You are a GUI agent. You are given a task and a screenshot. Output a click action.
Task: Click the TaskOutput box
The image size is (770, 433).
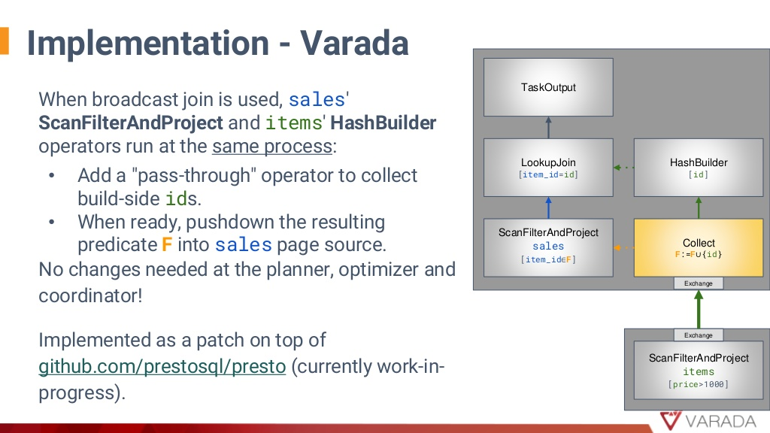(548, 87)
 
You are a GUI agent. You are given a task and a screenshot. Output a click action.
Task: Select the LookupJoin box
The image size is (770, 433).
(548, 168)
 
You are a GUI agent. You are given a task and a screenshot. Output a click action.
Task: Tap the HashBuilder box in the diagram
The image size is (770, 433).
(699, 168)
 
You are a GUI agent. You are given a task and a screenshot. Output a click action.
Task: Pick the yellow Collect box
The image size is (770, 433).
(699, 248)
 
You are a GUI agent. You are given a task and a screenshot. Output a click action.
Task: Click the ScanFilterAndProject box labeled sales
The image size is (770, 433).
(548, 248)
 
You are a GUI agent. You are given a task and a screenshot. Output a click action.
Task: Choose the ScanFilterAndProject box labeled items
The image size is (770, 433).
(699, 370)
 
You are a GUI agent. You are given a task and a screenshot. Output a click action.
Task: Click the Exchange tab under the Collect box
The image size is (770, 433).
(699, 283)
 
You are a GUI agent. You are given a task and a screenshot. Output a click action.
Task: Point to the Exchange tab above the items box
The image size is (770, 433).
(699, 335)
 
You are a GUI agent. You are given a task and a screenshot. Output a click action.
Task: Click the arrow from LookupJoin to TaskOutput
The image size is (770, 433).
(548, 128)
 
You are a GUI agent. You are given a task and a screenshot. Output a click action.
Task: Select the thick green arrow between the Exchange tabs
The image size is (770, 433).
(699, 309)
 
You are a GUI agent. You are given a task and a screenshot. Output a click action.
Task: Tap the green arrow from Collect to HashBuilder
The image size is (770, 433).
(699, 208)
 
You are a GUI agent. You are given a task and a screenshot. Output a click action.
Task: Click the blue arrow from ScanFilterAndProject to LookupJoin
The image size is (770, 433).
(548, 208)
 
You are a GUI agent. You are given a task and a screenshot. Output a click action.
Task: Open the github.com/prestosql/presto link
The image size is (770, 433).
(162, 367)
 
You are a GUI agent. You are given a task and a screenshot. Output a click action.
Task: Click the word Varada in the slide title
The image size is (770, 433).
(354, 43)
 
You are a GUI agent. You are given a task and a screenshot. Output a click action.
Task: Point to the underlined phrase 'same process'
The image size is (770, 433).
(272, 147)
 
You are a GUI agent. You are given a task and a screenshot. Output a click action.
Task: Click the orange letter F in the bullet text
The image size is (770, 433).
(167, 244)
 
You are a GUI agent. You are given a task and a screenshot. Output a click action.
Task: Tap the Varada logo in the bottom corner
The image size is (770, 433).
(708, 421)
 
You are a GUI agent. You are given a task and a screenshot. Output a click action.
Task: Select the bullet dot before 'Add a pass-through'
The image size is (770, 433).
(52, 176)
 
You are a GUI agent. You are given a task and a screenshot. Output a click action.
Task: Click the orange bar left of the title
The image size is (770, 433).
(5, 41)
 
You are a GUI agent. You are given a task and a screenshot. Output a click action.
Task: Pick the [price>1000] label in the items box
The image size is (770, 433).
(699, 384)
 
